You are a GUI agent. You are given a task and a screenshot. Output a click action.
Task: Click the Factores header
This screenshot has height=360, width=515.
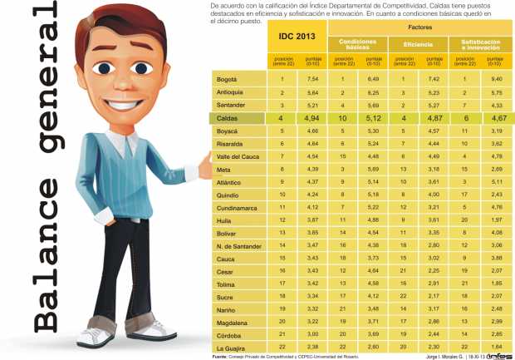pos(419,27)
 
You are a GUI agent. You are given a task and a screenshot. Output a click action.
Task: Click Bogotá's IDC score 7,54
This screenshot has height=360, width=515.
pos(312,79)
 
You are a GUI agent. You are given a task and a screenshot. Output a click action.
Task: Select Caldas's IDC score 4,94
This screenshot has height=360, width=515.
pos(312,120)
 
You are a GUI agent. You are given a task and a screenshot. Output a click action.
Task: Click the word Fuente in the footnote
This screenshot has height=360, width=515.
pos(220,356)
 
